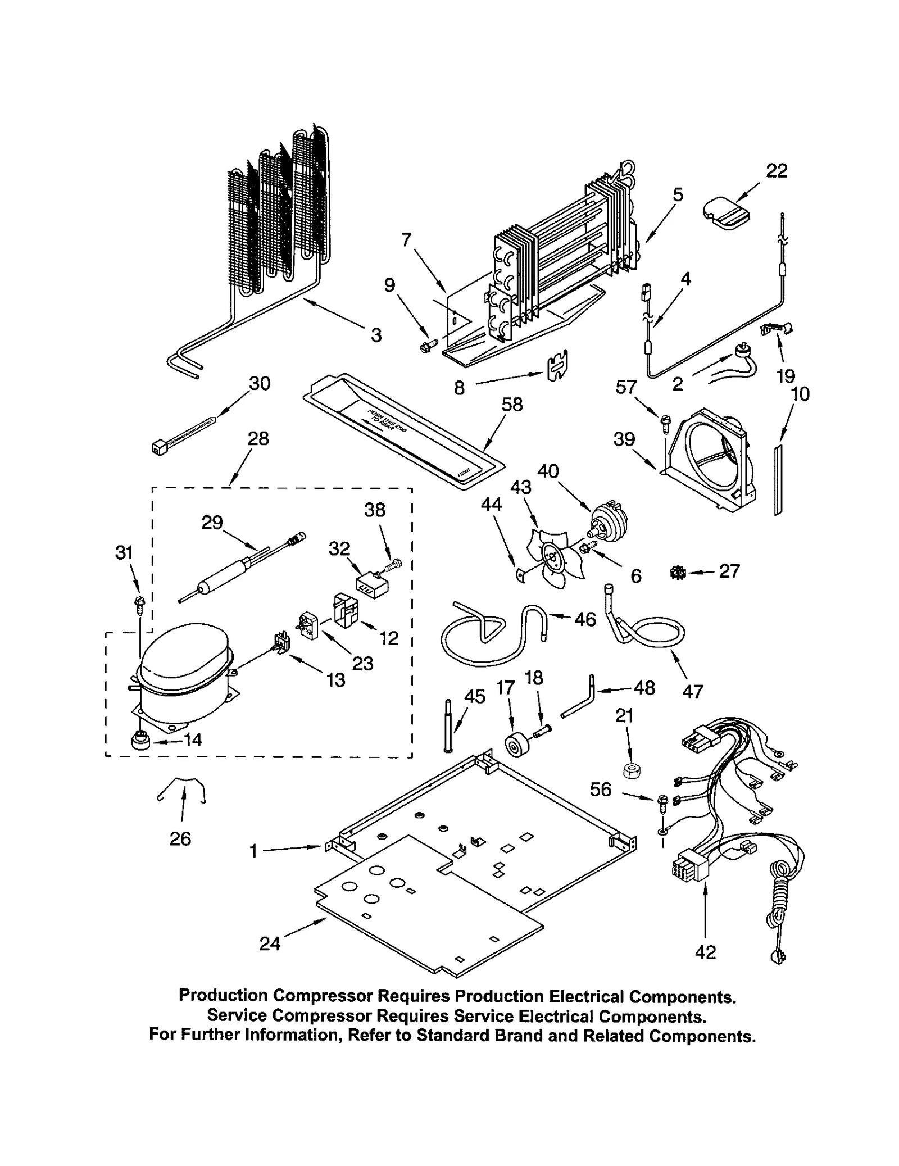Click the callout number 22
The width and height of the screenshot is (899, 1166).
tap(777, 171)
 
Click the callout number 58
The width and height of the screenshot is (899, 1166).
tap(512, 404)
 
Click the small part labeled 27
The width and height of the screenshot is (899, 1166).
tap(678, 573)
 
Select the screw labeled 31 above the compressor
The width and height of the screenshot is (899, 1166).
tap(138, 605)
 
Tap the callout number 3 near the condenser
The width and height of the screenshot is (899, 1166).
tap(376, 335)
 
